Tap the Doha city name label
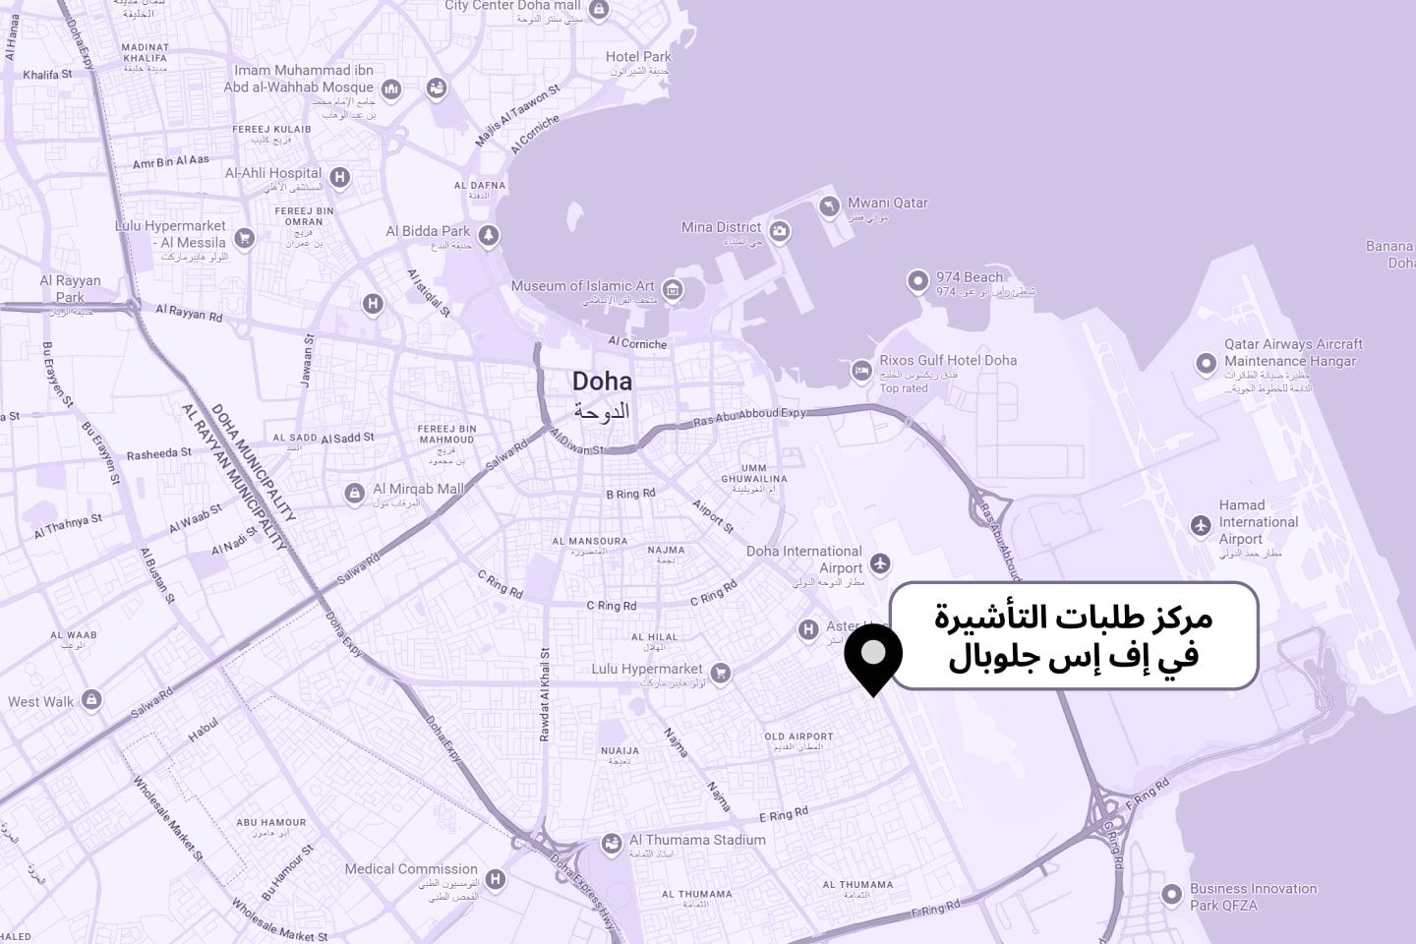pos(602,382)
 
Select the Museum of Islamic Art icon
pos(673,289)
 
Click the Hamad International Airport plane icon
pos(1200,525)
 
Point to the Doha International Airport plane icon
pos(880,563)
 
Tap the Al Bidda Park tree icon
pos(488,235)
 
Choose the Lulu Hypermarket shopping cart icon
pos(721,673)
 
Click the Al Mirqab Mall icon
pos(354,493)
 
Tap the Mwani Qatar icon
pos(829,206)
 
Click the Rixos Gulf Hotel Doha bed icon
pos(861,371)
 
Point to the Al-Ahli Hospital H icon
pos(339,177)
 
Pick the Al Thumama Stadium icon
pos(612,844)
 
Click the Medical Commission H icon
pos(497,878)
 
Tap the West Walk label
pos(41,702)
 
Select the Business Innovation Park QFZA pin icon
pos(1171,895)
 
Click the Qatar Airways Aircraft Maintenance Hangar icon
pos(1206,363)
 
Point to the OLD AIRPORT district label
pos(798,737)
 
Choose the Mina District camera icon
pos(780,231)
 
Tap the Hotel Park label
pos(638,57)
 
